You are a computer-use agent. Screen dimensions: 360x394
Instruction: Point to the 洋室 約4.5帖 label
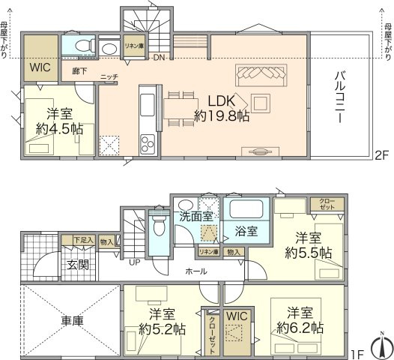click(x=57, y=121)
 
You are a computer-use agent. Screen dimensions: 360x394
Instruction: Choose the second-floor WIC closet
click(x=39, y=67)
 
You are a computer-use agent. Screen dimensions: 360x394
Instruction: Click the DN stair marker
click(x=160, y=58)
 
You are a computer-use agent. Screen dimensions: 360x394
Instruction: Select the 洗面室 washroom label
click(x=195, y=217)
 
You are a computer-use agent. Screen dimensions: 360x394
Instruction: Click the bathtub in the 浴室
click(x=249, y=210)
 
